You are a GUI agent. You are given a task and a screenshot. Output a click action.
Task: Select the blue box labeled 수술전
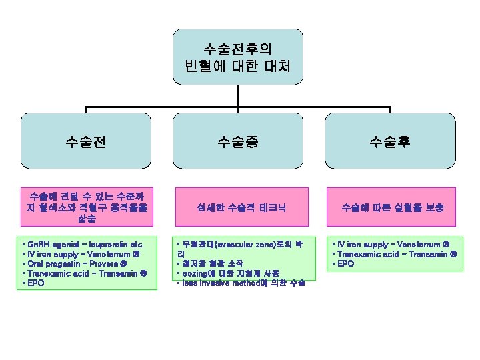tap(85, 141)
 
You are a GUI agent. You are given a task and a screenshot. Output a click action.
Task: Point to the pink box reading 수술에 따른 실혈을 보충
tap(393, 207)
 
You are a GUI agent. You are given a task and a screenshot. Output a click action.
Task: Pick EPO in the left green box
tap(37, 282)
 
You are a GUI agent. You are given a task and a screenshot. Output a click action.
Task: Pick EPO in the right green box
tap(347, 263)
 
